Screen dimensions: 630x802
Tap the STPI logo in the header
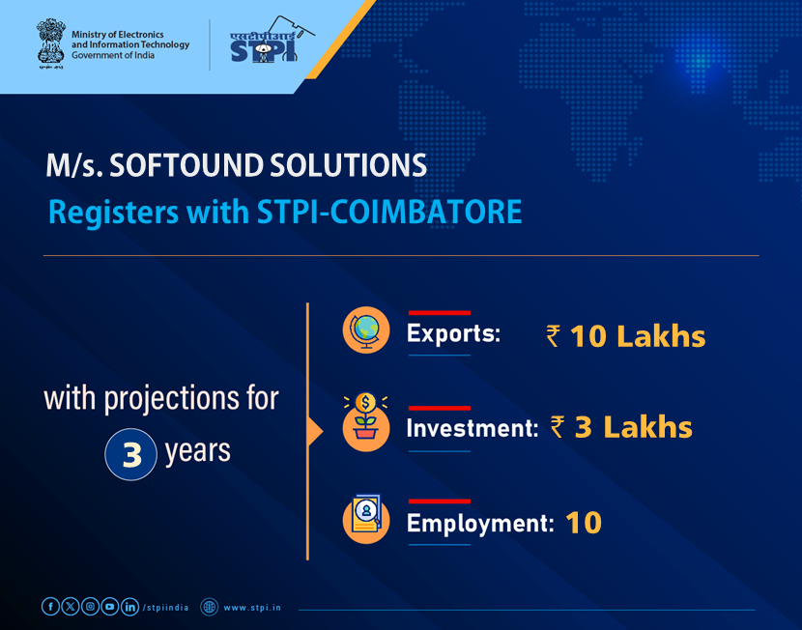(x=262, y=44)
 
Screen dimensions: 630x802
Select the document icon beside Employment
(x=366, y=519)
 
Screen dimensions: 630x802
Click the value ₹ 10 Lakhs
(x=625, y=336)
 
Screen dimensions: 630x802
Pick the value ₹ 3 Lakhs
(x=620, y=427)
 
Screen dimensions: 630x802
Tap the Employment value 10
(x=584, y=523)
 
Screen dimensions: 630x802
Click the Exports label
(x=453, y=335)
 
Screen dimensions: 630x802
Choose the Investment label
(x=472, y=428)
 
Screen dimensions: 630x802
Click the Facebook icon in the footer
(x=50, y=607)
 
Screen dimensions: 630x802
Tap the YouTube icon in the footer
(x=110, y=607)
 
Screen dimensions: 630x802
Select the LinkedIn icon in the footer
(x=129, y=607)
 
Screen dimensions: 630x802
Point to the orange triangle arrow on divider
(x=314, y=430)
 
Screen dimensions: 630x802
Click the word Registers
(x=102, y=212)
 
